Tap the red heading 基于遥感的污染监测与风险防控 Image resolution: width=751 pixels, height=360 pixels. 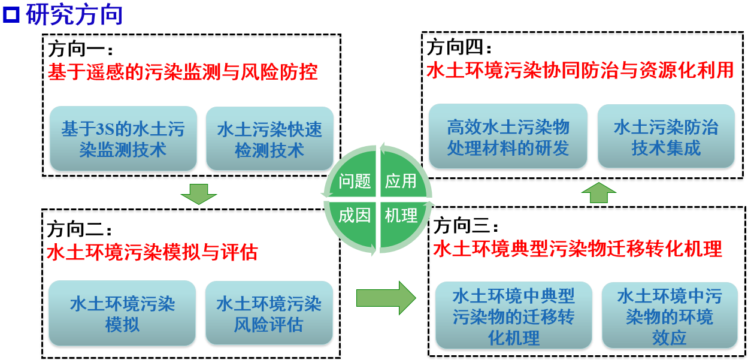[x=182, y=72]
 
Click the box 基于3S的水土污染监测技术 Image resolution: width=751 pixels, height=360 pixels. [x=123, y=138]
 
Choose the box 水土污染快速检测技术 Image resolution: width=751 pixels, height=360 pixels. [x=269, y=138]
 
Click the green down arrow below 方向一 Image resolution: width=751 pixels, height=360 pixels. [x=198, y=193]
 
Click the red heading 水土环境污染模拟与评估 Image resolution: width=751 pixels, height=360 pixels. [x=152, y=252]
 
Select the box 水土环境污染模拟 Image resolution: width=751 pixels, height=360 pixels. [x=122, y=314]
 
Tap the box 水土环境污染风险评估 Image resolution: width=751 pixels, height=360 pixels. [x=269, y=314]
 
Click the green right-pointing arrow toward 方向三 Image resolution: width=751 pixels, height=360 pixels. [x=385, y=297]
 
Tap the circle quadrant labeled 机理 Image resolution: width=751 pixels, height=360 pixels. [x=401, y=216]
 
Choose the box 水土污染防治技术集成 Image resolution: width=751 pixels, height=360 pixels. [x=666, y=137]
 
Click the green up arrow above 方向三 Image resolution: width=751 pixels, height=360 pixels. [x=599, y=193]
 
